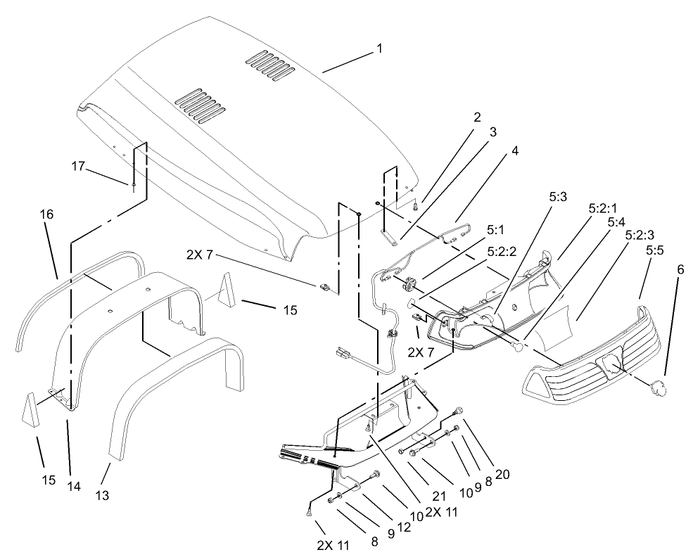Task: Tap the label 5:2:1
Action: coord(602,208)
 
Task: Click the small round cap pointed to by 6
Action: coord(659,385)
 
